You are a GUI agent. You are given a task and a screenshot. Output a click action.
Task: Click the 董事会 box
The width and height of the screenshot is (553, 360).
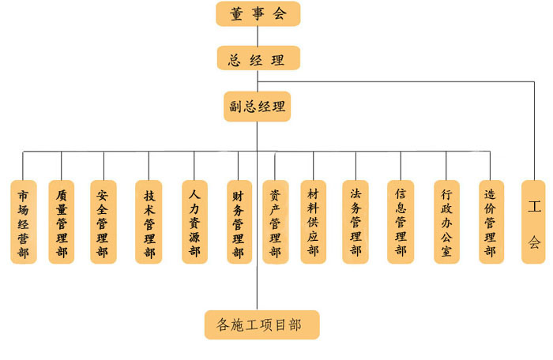tap(258, 13)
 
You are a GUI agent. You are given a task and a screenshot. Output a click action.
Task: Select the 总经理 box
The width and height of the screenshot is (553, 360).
tap(258, 58)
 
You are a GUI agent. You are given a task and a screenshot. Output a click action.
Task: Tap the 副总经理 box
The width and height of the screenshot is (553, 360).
tap(257, 106)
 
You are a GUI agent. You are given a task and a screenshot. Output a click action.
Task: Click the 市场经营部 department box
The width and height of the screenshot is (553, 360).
tap(24, 222)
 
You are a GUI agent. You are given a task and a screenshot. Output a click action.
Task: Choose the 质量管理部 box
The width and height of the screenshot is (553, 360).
tap(62, 222)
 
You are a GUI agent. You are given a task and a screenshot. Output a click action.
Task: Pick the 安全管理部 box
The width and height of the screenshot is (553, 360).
tap(103, 222)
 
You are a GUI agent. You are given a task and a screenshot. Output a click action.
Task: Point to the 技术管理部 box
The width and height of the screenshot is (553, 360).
tap(149, 222)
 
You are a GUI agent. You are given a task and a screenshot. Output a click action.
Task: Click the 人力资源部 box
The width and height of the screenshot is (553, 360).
tap(194, 222)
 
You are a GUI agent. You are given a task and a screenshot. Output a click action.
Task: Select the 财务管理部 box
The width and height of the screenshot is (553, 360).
tap(238, 222)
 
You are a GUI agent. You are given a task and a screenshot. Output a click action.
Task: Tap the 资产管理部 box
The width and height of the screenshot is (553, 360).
tap(275, 222)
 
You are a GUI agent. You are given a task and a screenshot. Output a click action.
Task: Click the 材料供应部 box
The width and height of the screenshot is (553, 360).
tap(314, 222)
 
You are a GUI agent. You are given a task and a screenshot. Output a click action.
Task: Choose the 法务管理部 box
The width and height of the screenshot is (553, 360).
tap(355, 222)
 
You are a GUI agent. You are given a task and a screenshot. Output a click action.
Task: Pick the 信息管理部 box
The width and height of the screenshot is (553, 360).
tap(401, 222)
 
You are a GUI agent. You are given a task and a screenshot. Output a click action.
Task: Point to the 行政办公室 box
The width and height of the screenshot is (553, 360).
tap(446, 222)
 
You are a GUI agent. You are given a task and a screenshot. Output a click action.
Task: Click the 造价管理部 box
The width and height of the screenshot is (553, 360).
tap(491, 222)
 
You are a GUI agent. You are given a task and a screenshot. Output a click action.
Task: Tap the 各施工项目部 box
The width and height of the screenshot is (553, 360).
tap(261, 324)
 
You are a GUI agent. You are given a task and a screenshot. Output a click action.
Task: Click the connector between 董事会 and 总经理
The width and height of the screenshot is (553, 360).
tap(258, 36)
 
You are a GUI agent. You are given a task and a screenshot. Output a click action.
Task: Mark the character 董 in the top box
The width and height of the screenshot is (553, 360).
tap(237, 13)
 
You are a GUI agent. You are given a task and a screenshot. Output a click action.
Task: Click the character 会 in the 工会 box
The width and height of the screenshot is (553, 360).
tap(534, 241)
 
